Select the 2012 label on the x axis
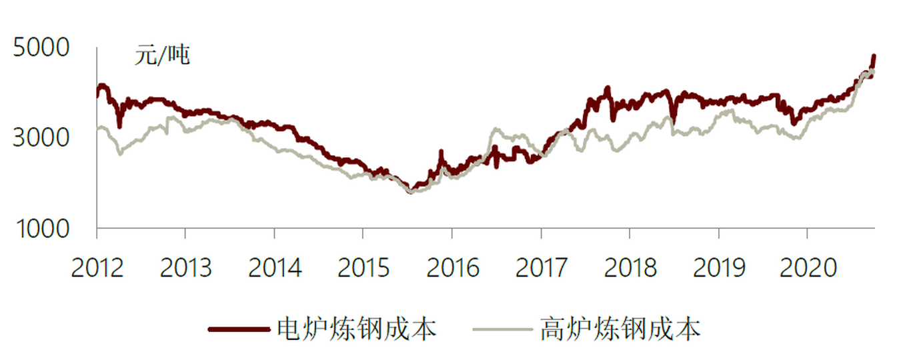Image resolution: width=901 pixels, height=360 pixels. (97, 267)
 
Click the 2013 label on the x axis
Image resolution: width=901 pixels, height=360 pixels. (185, 267)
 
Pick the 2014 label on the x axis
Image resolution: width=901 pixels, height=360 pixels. (274, 267)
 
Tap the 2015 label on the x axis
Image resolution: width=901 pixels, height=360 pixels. (363, 267)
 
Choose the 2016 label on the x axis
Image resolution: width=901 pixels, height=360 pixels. (452, 267)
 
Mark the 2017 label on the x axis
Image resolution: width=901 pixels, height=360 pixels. (541, 267)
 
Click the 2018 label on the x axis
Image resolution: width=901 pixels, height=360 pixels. (630, 267)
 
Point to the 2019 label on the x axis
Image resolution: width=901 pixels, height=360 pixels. (718, 267)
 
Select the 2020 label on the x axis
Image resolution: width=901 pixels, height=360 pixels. (807, 267)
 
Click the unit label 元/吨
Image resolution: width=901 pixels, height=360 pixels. (163, 56)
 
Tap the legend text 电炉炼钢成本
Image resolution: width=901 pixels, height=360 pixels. (356, 329)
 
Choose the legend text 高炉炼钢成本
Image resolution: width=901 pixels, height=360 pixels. (620, 329)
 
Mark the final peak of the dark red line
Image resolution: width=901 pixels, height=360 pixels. (874, 56)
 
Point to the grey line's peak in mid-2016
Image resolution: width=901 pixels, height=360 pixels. (495, 129)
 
